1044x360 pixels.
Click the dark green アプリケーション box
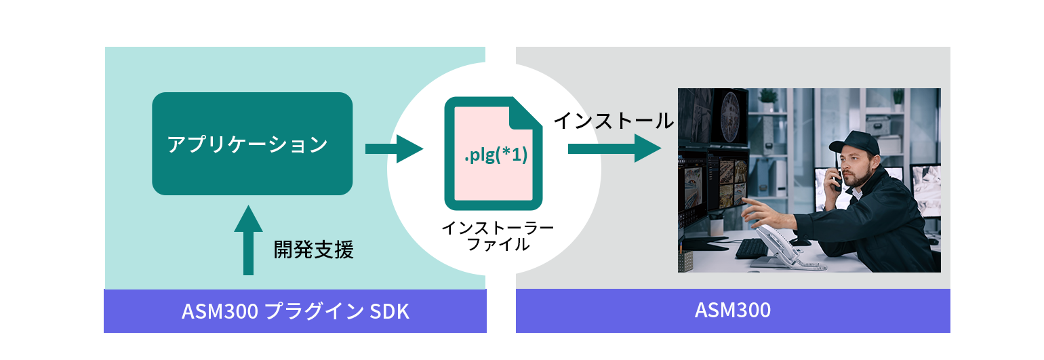pos(252,144)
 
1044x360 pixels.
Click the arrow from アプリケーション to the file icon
pos(393,148)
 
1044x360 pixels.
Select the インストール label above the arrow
pos(614,121)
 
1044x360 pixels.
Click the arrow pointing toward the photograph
pos(614,148)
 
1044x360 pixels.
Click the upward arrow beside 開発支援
pos(248,241)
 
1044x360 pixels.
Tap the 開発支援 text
pos(313,249)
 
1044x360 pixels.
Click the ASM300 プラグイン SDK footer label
pos(296,312)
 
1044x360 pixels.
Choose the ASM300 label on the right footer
pos(733,311)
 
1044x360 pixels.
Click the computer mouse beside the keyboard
pos(800,241)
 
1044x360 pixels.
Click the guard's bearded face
pos(856,167)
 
